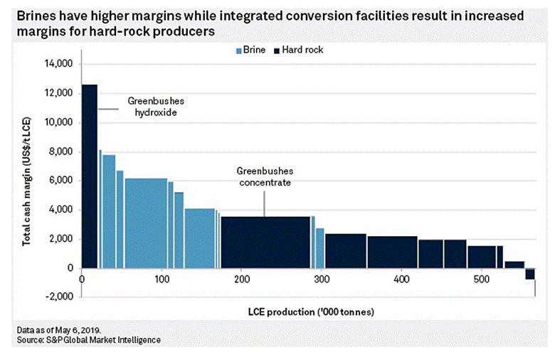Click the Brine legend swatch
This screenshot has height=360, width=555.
[x=239, y=51]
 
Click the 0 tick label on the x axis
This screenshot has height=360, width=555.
[x=83, y=279]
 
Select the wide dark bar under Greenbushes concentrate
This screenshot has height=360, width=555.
[x=265, y=242]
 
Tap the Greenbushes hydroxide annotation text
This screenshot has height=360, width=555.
[x=152, y=107]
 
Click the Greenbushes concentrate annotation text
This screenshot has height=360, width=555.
[x=265, y=177]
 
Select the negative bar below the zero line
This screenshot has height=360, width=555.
[x=530, y=274]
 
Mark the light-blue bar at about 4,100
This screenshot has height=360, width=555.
[x=199, y=238]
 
